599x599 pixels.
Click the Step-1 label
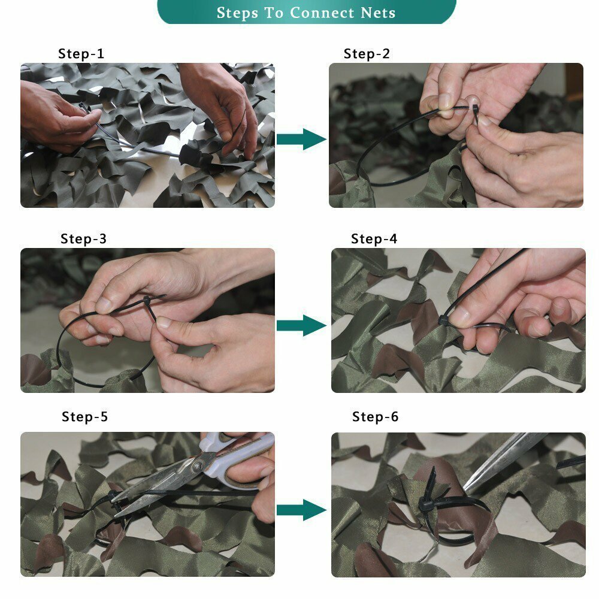(x=81, y=53)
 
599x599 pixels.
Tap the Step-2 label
(x=367, y=53)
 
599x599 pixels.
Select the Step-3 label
(x=83, y=239)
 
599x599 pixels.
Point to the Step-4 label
(x=374, y=239)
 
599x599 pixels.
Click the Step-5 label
(x=84, y=416)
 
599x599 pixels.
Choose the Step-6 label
(x=375, y=416)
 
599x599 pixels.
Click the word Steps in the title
(x=240, y=13)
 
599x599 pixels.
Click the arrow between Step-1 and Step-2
(x=301, y=139)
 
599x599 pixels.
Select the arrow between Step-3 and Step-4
(x=301, y=325)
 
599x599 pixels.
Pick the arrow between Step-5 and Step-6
(x=301, y=510)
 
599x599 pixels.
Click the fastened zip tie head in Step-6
(x=426, y=504)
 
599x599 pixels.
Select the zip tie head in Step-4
(x=444, y=320)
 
